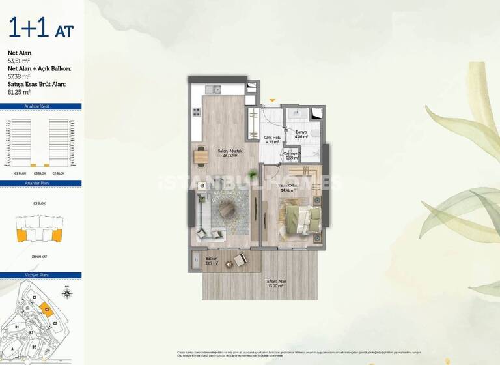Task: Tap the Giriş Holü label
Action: (271, 138)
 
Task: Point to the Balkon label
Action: (211, 259)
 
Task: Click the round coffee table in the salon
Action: (228, 209)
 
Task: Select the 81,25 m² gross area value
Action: (20, 92)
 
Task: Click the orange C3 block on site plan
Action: (47, 309)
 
